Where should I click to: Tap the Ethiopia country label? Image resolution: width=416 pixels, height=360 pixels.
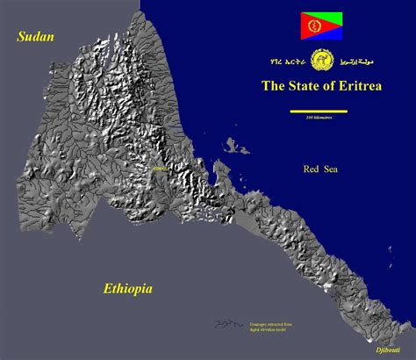click(128, 288)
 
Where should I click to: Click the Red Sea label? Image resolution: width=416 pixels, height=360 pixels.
click(320, 169)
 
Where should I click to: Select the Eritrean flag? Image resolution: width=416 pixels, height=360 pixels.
click(321, 25)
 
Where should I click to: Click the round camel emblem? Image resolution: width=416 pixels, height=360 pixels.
click(322, 62)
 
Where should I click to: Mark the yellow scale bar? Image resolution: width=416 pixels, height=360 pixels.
click(318, 112)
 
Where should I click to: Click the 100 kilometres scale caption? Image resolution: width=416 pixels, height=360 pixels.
click(318, 118)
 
